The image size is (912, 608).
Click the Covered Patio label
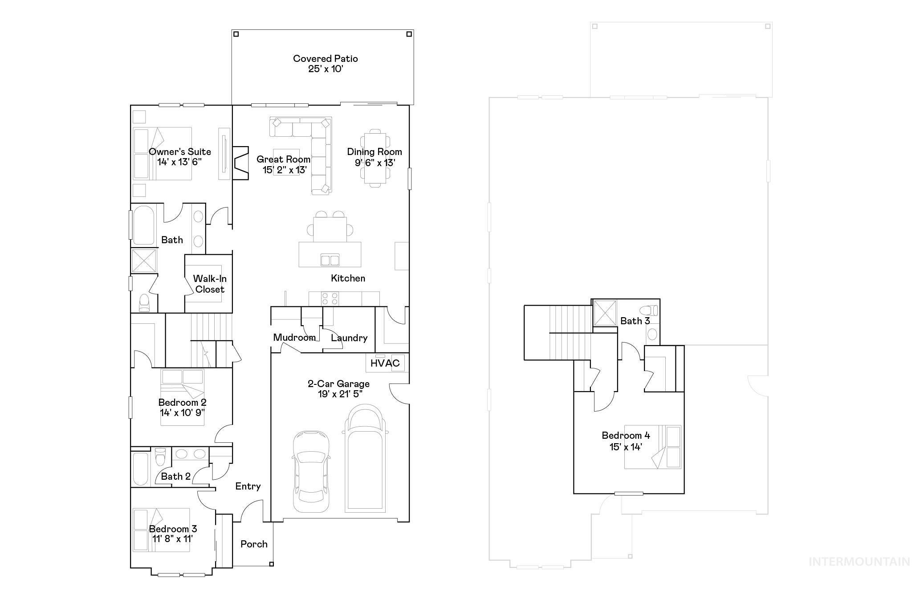coord(325,59)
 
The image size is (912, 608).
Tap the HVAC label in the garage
coord(385,363)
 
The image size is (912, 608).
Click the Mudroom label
coord(294,338)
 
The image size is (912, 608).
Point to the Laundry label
coord(349,338)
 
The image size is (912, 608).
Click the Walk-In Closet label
coord(210,284)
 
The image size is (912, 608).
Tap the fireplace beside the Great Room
coord(240,163)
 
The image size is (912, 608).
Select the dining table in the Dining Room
coord(375,158)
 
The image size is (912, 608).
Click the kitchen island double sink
coord(330,260)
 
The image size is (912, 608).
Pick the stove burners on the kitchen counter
coord(330,298)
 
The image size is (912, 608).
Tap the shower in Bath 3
coord(605,314)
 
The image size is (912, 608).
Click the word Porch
coord(254,544)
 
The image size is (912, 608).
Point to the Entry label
coord(248,486)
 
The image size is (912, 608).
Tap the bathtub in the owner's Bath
coord(143,225)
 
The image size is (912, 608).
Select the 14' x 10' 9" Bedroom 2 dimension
coord(183,412)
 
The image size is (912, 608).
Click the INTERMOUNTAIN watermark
coord(859,562)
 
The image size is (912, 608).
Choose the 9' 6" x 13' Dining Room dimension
coord(375,163)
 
